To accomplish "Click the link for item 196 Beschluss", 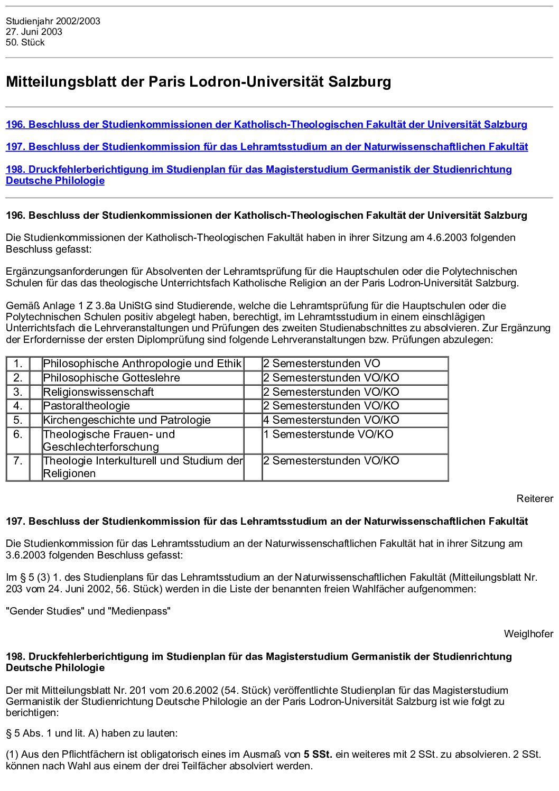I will coord(266,125).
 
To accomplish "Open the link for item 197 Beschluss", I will coord(266,147).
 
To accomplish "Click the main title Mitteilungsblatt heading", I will coord(199,82).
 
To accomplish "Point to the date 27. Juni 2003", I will coord(34,32).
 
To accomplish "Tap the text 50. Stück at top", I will coord(25,42).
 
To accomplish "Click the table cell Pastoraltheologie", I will coord(87,406).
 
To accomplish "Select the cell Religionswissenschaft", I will coord(98,392).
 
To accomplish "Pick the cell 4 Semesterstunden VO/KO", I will coord(331,420).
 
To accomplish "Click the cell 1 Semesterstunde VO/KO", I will coord(328,434).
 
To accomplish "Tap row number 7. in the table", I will coord(18,461).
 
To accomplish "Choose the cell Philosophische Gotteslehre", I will coord(111,378).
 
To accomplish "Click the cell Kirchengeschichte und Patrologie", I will coord(127,420).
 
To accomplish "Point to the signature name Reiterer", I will coord(535,498).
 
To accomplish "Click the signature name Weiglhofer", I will coord(528,634).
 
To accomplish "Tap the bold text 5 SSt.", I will coord(318,754).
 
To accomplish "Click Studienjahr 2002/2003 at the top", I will coord(53,21).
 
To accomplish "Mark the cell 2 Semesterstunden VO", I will coord(322,364).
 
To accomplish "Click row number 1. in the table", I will coord(18,364).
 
